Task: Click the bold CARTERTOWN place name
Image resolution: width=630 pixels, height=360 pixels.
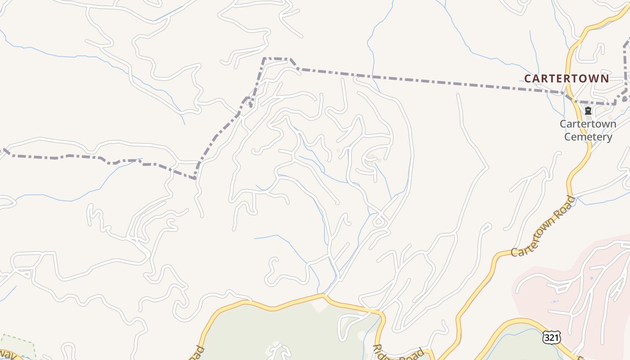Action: (x=567, y=78)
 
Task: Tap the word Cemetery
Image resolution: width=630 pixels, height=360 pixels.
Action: (x=588, y=137)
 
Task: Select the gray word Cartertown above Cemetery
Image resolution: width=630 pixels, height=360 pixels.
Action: (x=588, y=124)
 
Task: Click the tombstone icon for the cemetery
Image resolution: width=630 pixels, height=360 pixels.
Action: (x=588, y=111)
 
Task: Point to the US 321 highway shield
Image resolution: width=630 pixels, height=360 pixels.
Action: (x=551, y=337)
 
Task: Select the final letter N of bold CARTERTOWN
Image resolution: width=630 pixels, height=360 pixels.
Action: (x=604, y=79)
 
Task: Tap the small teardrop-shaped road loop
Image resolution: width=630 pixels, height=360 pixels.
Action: (x=379, y=220)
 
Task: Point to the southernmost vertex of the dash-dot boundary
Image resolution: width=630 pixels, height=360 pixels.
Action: (x=195, y=179)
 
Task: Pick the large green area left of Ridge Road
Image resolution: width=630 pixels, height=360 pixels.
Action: (x=288, y=333)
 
